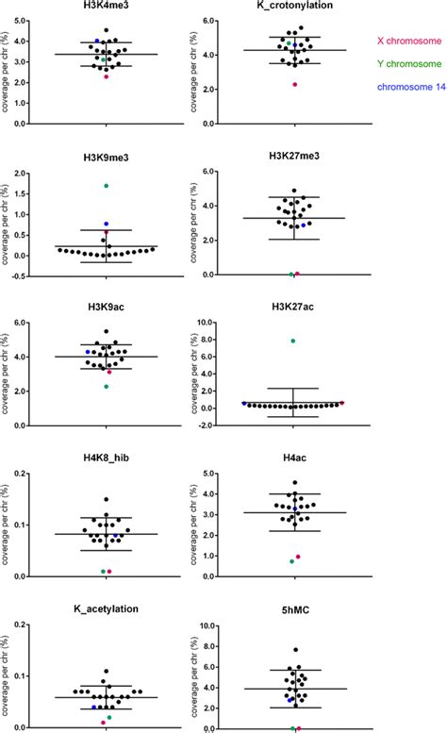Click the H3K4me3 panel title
pos(105,7)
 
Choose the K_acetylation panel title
pos(105,608)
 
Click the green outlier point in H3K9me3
pos(106,186)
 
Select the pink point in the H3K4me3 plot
pos(106,76)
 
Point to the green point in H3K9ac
pos(106,386)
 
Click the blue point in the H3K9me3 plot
pos(107,225)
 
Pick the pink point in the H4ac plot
pos(298,557)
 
